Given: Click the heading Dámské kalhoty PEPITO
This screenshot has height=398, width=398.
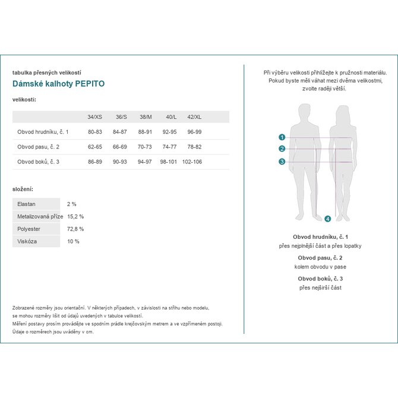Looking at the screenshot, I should [58, 84].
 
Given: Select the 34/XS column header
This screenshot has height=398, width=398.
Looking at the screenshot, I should [94, 117].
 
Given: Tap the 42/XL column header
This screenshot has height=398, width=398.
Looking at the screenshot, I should [194, 117].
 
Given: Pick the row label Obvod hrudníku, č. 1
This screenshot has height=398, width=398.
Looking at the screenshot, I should [43, 131].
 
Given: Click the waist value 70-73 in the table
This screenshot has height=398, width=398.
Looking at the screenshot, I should [145, 146].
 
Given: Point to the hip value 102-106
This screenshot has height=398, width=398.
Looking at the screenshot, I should [192, 162].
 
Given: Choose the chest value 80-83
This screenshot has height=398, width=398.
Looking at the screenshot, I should [95, 131].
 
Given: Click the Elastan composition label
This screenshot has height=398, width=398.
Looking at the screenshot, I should [27, 204].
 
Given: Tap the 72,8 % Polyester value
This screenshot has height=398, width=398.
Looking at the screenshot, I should [75, 229].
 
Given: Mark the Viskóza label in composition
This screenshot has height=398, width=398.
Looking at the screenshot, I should [27, 241].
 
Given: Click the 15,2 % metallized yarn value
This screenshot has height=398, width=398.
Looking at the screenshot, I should [75, 216].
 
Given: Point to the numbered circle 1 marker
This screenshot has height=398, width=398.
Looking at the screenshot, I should [282, 137].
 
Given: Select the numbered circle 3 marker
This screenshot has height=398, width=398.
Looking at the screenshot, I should [282, 162].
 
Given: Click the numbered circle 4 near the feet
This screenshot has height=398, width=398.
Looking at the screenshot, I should [327, 219].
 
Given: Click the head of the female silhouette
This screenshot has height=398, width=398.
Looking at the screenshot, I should [343, 113].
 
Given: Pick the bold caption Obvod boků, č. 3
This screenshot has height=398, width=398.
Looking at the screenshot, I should [320, 279].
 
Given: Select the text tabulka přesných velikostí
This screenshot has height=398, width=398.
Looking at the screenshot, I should [46, 72].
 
